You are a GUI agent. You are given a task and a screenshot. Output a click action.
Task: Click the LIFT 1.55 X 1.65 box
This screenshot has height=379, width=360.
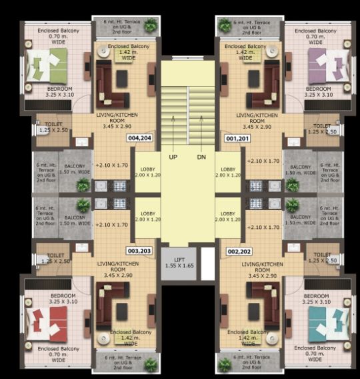click(178, 264)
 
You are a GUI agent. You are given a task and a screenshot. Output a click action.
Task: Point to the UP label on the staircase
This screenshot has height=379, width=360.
click(173, 157)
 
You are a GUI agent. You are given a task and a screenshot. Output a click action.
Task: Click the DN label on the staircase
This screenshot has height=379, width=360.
click(202, 157)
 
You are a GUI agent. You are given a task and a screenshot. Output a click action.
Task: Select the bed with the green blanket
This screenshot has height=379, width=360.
click(48, 67)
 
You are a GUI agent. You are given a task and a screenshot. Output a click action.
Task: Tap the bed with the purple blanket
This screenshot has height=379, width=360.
click(326, 67)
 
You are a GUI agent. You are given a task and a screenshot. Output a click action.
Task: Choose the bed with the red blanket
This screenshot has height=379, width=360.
click(48, 326)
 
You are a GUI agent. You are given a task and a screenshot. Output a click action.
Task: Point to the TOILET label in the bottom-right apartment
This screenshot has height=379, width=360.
click(322, 258)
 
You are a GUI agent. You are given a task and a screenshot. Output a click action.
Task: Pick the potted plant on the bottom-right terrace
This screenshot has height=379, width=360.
click(225, 364)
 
